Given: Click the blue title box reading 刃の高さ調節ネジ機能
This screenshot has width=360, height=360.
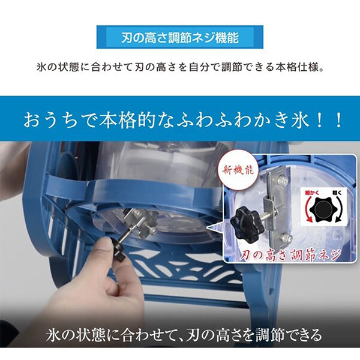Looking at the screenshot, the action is coord(180,37).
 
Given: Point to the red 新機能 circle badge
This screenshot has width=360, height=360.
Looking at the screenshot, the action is coord(238,170).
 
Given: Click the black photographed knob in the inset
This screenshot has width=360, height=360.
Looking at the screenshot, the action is coord(245,219).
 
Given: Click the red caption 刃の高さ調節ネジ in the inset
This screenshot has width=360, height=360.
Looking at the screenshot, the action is coord(290,255).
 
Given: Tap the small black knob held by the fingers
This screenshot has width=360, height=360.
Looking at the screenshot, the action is coord(118,250).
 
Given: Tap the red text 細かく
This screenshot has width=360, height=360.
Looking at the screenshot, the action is coord(311,193).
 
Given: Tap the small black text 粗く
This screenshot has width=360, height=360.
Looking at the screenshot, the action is coord(337,193).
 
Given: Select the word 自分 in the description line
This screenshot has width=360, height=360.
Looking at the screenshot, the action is coord(199,67).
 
